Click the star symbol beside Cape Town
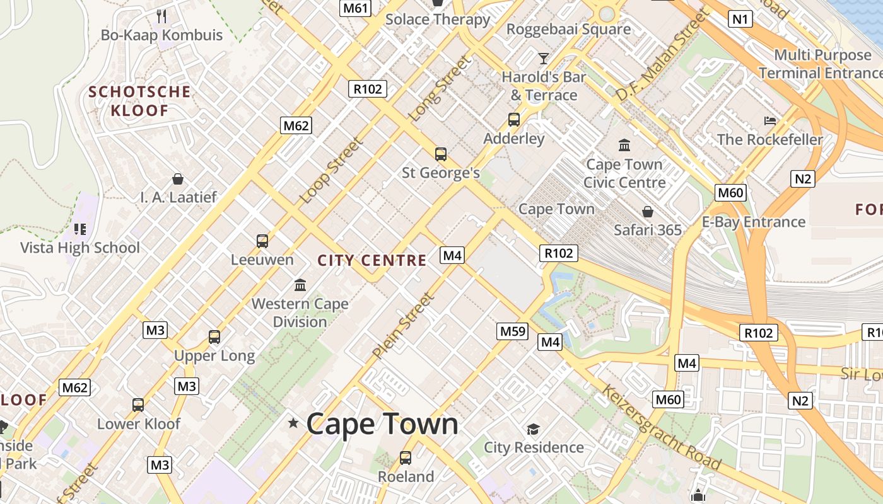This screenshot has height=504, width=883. [x=293, y=423]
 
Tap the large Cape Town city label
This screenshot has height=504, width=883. [x=382, y=423]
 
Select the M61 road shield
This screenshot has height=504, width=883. [x=355, y=8]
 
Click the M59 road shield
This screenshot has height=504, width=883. [x=512, y=331]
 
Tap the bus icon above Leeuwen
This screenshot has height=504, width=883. [x=262, y=241]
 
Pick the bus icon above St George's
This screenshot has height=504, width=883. [x=441, y=154]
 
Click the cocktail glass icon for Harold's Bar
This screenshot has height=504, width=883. [x=543, y=59]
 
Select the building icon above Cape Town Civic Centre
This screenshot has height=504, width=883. [x=624, y=146]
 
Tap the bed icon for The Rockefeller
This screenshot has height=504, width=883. [x=769, y=120]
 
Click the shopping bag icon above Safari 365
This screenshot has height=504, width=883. [x=647, y=211]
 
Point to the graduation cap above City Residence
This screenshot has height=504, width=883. [x=533, y=429]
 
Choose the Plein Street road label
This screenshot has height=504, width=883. [x=403, y=326]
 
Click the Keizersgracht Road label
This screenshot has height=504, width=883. [x=661, y=427]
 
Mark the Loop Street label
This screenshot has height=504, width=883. [x=332, y=170]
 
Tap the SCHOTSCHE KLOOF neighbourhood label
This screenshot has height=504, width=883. [x=139, y=101]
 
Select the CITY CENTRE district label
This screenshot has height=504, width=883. [x=372, y=260]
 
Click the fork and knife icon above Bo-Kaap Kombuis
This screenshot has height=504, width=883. [x=161, y=16]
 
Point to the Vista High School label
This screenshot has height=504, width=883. [x=80, y=248]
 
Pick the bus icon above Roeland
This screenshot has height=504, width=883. [x=406, y=458]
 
